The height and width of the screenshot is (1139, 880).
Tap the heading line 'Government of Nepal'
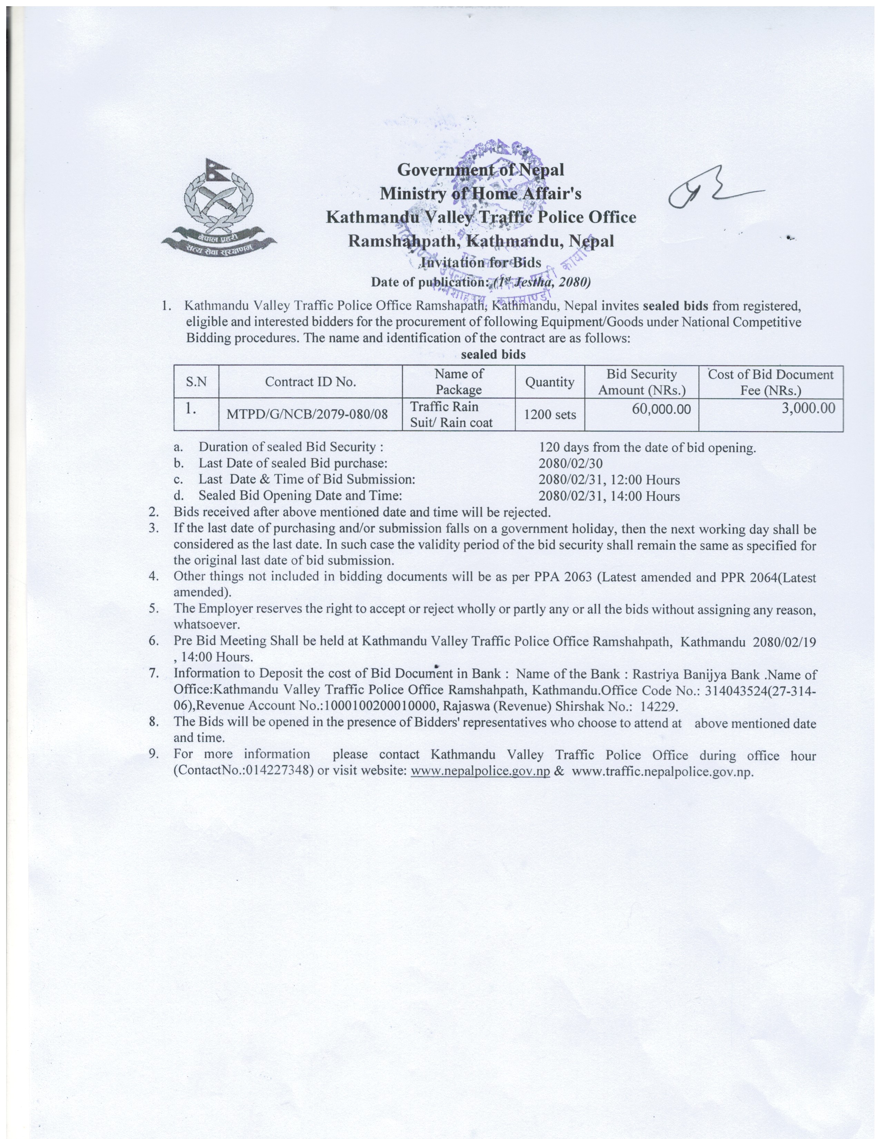pos(480,169)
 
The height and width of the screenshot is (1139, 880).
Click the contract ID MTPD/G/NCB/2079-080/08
pos(307,414)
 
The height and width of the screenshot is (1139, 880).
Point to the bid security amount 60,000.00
pos(661,409)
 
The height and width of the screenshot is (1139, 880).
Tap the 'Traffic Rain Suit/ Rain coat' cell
pos(451,415)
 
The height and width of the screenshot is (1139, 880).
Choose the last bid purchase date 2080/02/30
pos(570,463)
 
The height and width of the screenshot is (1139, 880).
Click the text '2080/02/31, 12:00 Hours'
pos(609,480)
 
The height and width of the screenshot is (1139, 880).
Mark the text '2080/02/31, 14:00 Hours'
pos(609,496)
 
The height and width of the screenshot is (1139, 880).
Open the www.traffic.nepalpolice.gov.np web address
pos(662,772)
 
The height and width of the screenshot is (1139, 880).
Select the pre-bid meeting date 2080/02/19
pos(784,642)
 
